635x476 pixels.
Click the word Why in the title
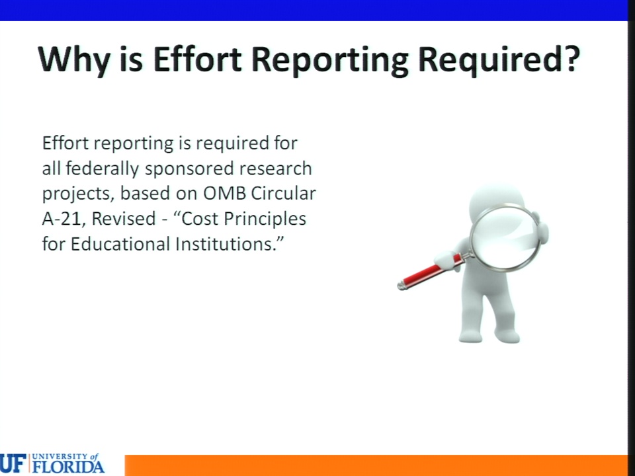pos(73,59)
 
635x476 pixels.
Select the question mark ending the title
pos(571,58)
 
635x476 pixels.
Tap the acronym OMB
pos(224,194)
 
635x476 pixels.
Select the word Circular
pos(284,194)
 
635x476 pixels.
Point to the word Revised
pos(124,219)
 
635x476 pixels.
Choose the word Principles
pos(265,219)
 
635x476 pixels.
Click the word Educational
pos(120,244)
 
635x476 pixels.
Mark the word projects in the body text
pos(75,194)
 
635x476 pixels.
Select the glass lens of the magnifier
pos(505,237)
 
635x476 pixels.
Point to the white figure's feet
pos(489,336)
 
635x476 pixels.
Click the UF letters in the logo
pos(13,463)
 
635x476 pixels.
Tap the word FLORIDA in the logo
pos(68,466)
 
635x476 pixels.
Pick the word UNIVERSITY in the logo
pos(60,456)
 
